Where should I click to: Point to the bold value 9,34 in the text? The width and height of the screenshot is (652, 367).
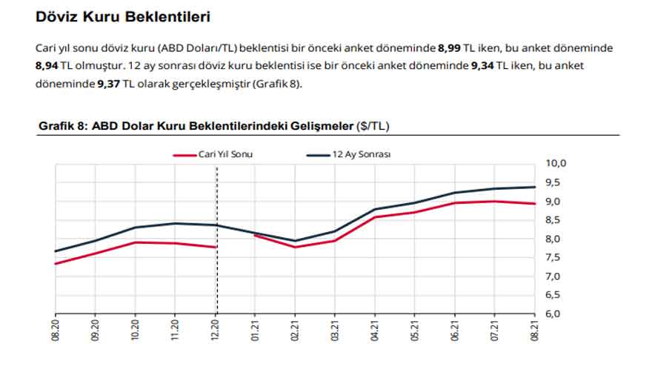483,65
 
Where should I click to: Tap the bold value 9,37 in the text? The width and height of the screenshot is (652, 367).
109,83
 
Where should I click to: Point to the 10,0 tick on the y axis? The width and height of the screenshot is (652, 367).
556,164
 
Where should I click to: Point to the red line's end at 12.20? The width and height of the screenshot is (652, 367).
216,247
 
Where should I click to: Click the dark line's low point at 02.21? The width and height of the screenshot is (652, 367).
296,241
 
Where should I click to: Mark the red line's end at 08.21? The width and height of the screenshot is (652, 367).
535,203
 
